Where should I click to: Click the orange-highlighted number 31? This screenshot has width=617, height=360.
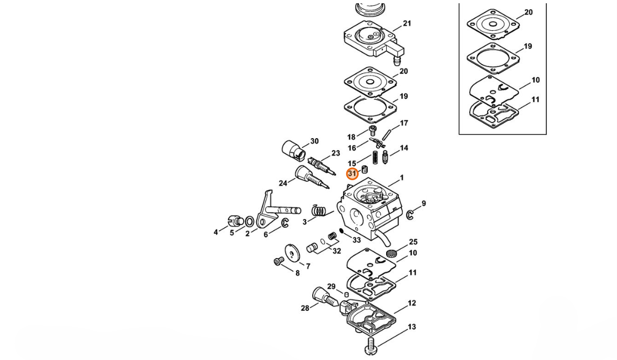(x=352, y=174)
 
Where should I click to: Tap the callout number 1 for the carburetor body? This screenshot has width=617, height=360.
(x=401, y=178)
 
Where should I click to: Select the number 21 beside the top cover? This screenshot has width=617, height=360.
(x=407, y=24)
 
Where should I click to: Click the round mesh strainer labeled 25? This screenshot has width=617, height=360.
(x=391, y=253)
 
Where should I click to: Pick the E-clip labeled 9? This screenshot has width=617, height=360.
(x=410, y=215)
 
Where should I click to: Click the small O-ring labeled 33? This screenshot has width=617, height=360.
(x=341, y=231)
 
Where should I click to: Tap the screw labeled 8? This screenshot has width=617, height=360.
(x=279, y=261)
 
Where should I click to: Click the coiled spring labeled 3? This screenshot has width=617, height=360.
(x=319, y=210)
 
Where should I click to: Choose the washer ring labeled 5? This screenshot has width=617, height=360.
(x=250, y=222)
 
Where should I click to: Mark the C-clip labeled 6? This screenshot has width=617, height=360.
(x=285, y=223)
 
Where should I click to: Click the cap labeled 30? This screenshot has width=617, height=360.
(x=294, y=150)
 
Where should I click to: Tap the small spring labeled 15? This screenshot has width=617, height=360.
(x=375, y=158)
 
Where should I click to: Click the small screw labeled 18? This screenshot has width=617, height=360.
(x=373, y=131)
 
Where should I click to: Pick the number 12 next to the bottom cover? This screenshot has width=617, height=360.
(x=412, y=303)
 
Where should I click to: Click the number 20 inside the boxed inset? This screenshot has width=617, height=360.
(x=529, y=12)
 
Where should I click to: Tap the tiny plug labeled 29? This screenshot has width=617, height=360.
(x=347, y=295)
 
